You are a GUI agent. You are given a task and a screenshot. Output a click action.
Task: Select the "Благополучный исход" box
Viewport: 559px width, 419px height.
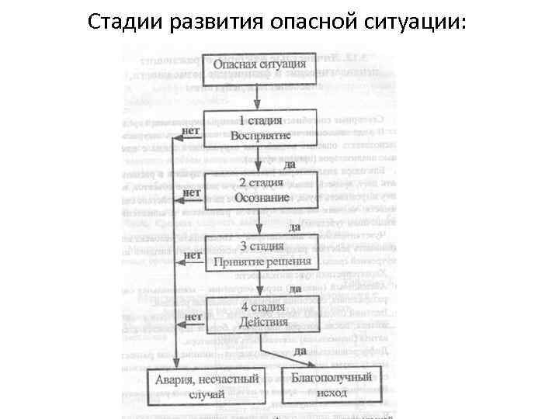[332, 383]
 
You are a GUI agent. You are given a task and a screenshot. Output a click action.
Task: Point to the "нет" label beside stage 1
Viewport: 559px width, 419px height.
[191, 130]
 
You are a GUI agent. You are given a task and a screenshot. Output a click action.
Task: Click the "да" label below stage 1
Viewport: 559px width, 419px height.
[290, 164]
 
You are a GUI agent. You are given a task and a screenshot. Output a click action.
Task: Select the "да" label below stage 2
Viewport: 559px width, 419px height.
[294, 227]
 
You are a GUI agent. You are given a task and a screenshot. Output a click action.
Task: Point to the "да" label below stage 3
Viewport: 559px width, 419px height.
[294, 288]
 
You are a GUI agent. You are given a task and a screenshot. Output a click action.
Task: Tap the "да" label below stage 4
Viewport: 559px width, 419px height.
[300, 351]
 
